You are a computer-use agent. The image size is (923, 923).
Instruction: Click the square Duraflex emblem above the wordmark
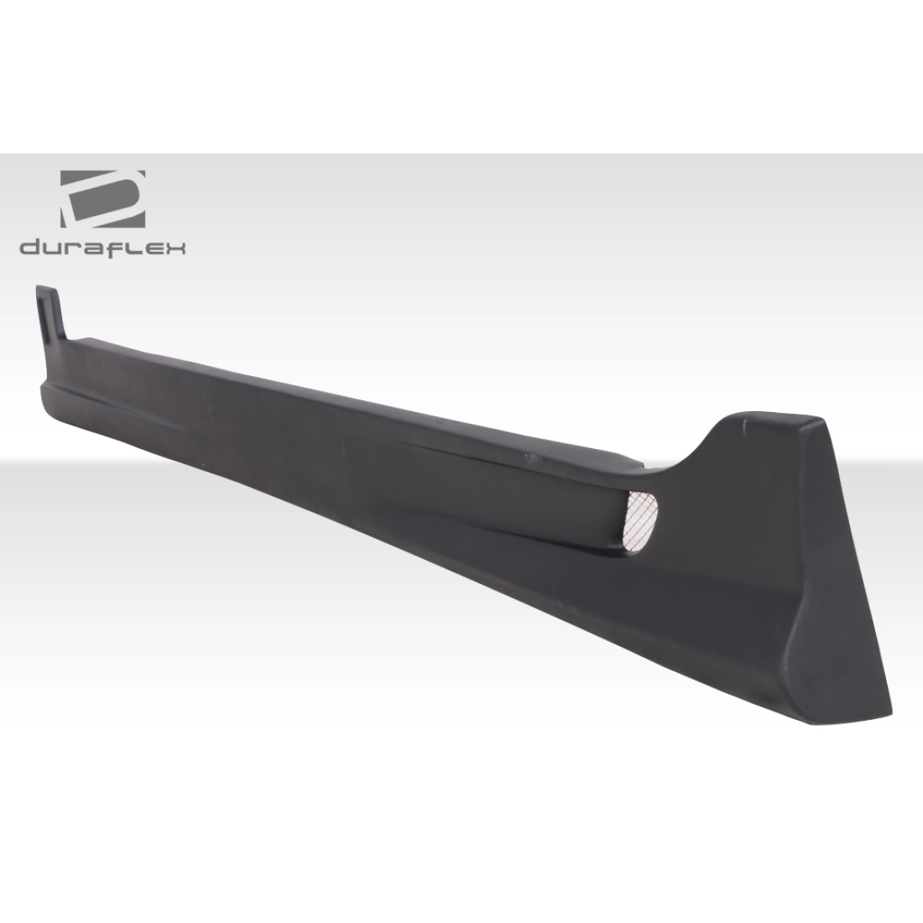(x=101, y=195)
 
